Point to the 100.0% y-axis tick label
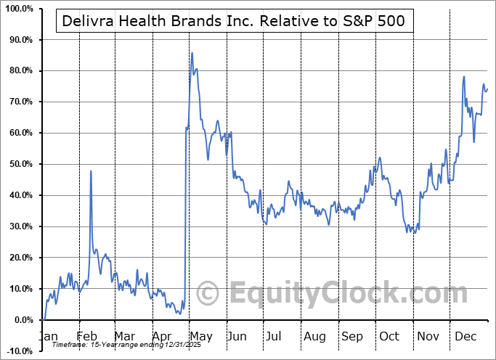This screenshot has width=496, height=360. pos(17,9)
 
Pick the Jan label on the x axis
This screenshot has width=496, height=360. pos(48,336)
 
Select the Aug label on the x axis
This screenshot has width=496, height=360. pos(315,336)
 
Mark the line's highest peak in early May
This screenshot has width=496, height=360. pos(192,53)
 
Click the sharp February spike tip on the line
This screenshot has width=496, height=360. pos(91,171)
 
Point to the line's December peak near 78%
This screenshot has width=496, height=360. pos(463,76)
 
